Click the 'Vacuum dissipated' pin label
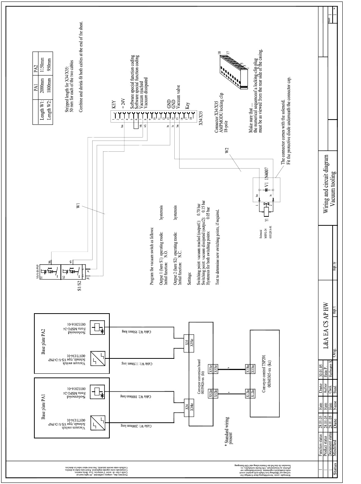[146, 92]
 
